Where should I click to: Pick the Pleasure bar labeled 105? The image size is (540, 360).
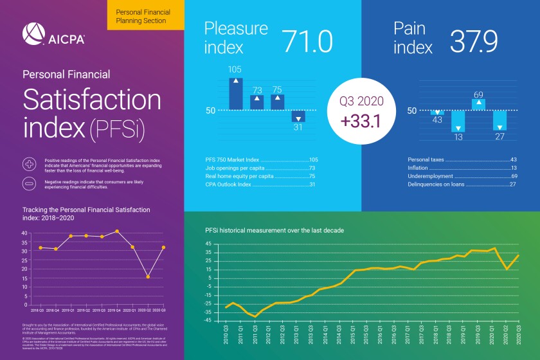point(236,94)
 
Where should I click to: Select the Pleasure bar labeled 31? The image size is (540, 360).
point(298,116)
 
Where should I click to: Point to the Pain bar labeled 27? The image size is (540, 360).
point(500,120)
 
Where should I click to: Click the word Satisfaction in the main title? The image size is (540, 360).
point(92,100)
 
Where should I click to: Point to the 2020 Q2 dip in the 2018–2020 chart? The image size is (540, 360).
point(148,277)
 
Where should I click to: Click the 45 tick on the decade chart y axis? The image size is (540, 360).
point(208,244)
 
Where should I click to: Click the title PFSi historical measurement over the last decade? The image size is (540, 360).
point(274,230)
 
